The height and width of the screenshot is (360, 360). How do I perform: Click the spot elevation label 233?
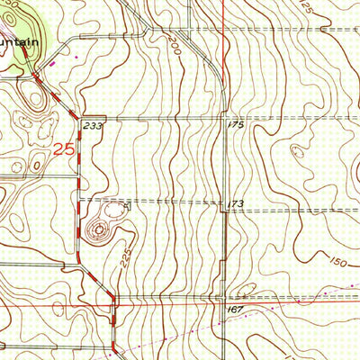(92, 127)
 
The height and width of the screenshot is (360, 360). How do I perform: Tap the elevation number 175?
(236, 124)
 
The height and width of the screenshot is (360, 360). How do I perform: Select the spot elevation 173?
(236, 204)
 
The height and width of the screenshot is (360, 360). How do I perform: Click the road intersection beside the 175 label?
(223, 118)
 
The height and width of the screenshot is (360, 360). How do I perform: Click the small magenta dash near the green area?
(51, 63)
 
